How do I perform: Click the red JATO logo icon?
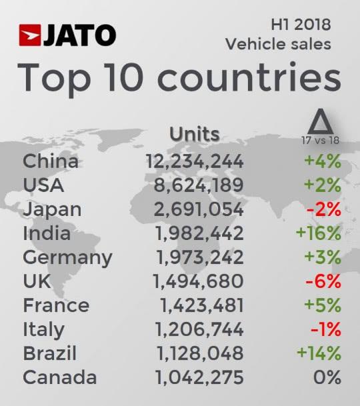(31, 35)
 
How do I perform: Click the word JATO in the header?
(79, 35)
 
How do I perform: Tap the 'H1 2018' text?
(301, 25)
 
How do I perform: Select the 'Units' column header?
(194, 133)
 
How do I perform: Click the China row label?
(51, 161)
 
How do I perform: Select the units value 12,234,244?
(195, 161)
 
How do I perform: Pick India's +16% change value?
(320, 233)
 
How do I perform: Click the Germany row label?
(67, 257)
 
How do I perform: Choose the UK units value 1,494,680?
(199, 281)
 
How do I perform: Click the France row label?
(56, 305)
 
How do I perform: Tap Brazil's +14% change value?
(320, 353)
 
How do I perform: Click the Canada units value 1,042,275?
(199, 377)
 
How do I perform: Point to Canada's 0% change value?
(327, 377)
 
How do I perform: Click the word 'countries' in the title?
(250, 79)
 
